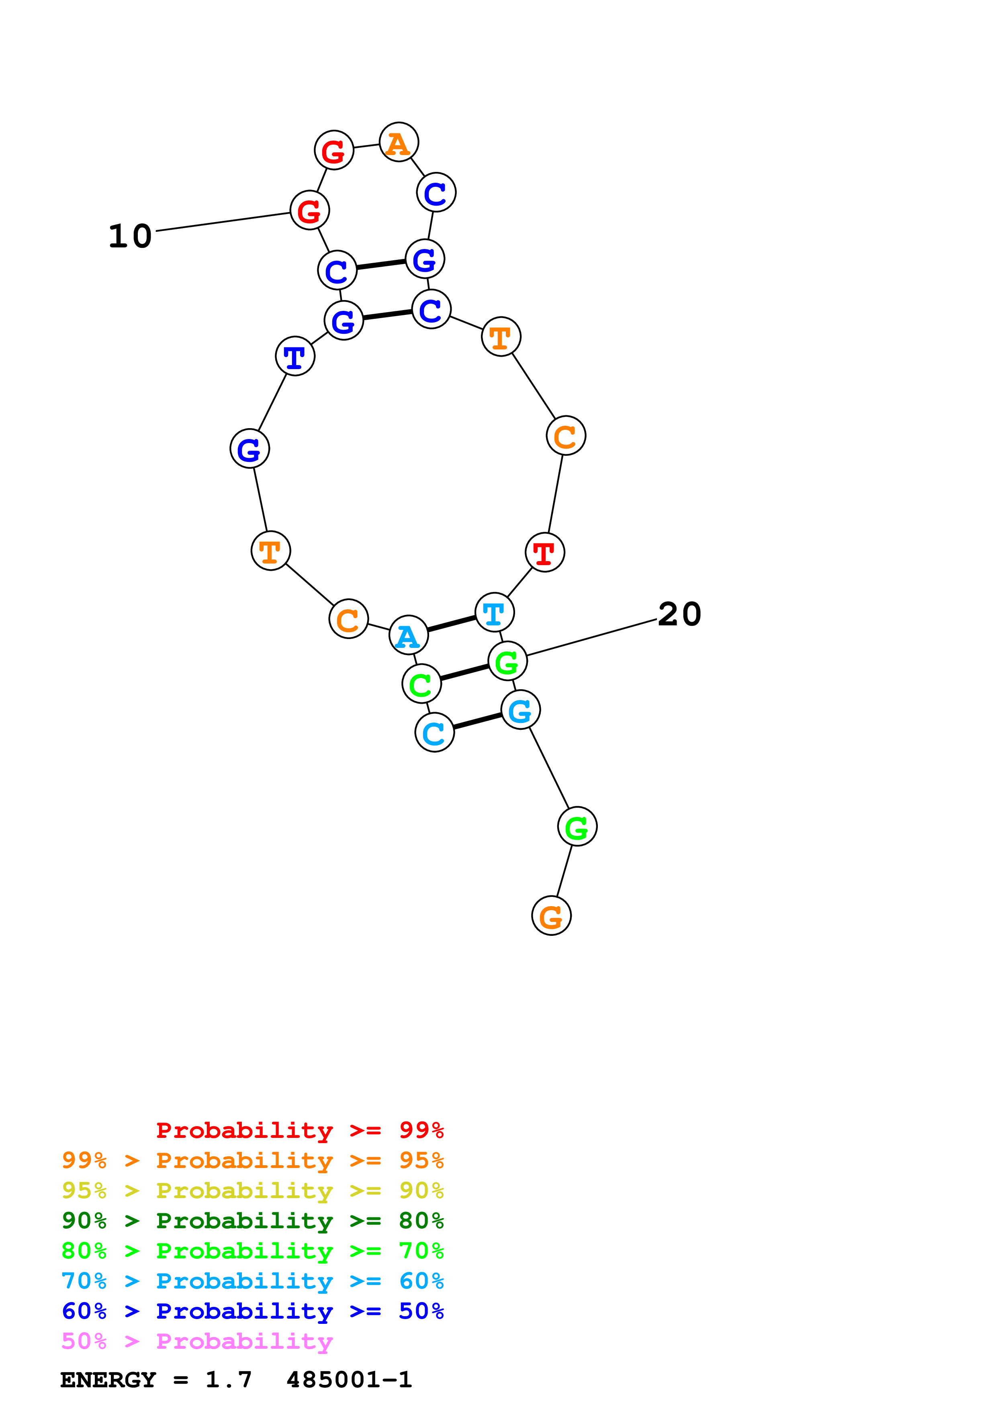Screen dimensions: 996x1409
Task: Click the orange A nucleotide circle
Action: pos(399,142)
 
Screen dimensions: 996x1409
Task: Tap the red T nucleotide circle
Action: pos(544,552)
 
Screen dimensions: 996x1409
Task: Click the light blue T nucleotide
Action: pos(494,613)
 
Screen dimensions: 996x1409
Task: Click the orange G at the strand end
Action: pos(551,916)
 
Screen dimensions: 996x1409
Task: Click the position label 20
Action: pos(679,614)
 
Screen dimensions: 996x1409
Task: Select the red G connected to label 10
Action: pos(309,210)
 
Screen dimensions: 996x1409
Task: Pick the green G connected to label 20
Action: pos(507,661)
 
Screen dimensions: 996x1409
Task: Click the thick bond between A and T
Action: pos(451,623)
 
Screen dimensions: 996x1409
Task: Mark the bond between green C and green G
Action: pos(464,673)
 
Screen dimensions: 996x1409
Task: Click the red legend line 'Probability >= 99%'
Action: pos(299,1130)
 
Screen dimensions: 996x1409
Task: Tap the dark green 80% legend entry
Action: pos(252,1221)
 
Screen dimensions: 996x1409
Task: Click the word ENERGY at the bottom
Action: pos(108,1380)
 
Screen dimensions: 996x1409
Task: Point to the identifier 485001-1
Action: pos(349,1380)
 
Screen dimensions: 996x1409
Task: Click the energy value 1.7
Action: pos(228,1380)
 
